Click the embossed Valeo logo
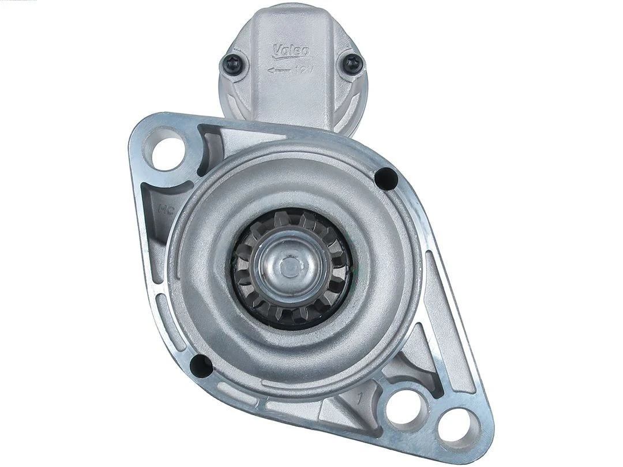pos(291,51)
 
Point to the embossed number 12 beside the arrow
pos(301,70)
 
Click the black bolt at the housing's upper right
pos(385,178)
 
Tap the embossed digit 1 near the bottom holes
pos(361,397)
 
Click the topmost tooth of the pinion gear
pos(287,217)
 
